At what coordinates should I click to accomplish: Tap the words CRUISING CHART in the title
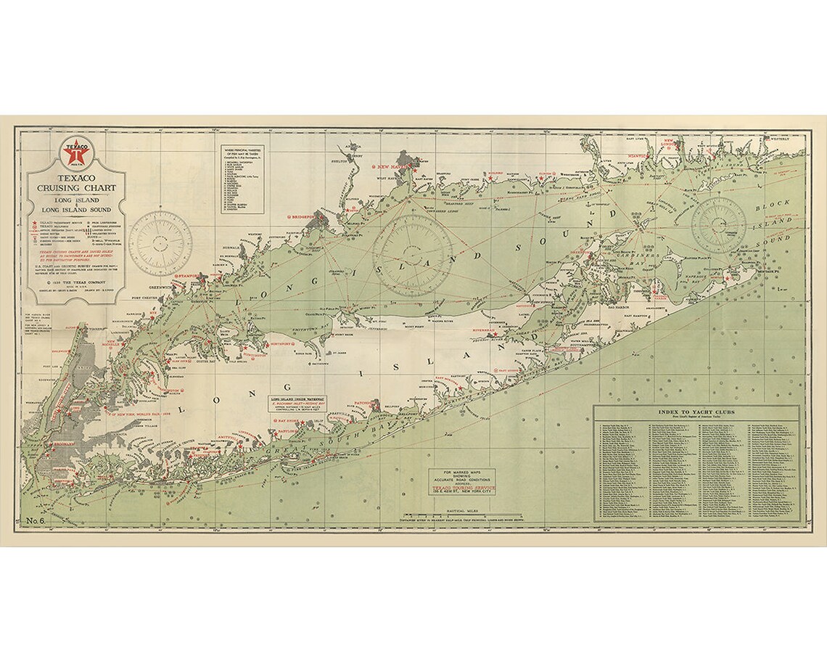77,187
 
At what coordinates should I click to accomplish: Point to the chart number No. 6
37,520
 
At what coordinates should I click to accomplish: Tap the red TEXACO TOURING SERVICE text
464,487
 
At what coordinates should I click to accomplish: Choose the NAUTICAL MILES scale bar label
464,511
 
